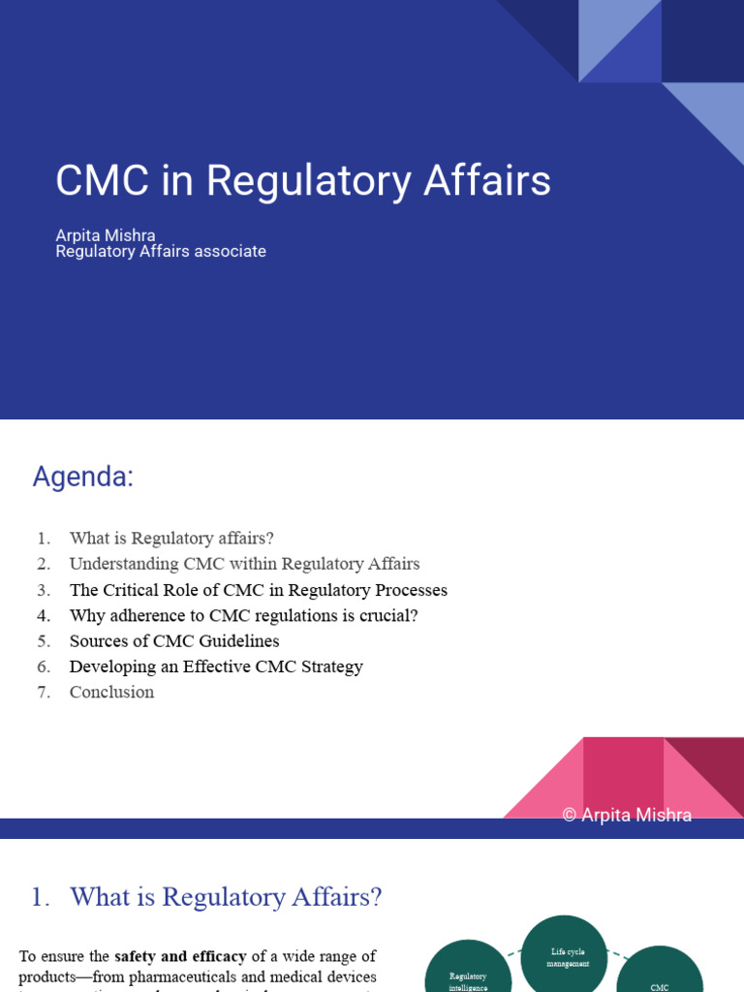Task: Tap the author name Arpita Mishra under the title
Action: pos(106,235)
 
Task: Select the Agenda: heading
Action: pos(82,477)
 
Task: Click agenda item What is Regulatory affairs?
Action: pos(172,539)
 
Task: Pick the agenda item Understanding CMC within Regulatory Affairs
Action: pos(244,564)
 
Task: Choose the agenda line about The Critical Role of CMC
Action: pos(258,590)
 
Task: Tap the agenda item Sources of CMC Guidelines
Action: pos(174,641)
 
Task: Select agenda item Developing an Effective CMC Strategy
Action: pos(216,666)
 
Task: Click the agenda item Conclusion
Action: pos(111,692)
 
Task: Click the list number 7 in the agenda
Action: pos(44,692)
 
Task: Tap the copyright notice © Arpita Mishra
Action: pos(627,816)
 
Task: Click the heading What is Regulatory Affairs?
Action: pos(226,898)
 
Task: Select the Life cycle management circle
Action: pos(564,958)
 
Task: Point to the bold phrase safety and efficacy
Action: pos(180,957)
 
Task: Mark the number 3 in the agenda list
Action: pos(44,590)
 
